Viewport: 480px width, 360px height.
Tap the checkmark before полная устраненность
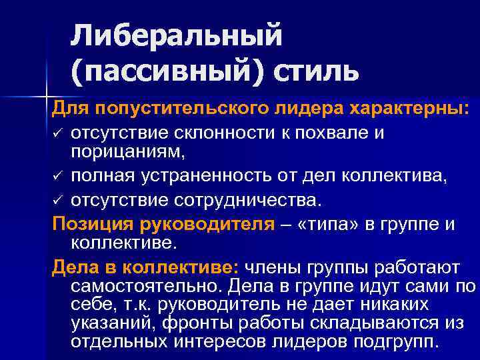(59, 177)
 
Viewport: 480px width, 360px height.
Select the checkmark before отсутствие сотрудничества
(59, 200)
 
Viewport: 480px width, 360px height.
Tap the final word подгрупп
(397, 344)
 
